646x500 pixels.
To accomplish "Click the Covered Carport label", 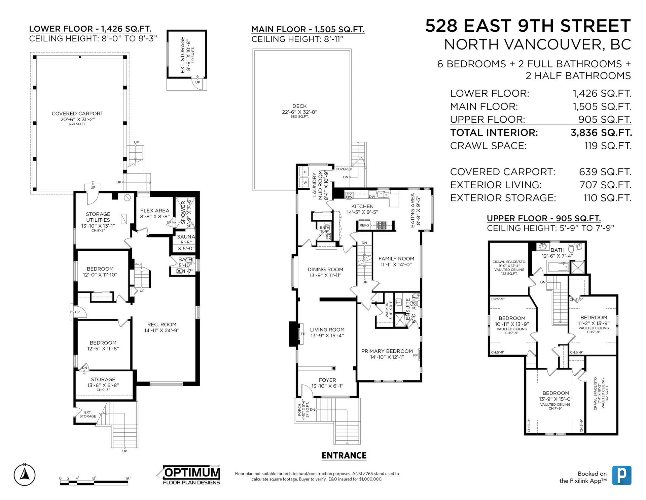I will pyautogui.click(x=77, y=114).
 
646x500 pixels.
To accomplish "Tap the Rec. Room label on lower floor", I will pyautogui.click(x=162, y=325).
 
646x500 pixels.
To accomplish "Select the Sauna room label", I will pyautogui.click(x=186, y=237).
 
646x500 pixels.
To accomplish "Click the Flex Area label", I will pyautogui.click(x=155, y=211).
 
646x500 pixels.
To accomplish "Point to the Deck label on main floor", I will pyautogui.click(x=299, y=106).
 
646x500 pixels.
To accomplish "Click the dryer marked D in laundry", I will pyautogui.click(x=305, y=172).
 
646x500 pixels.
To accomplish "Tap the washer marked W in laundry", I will pyautogui.click(x=305, y=183).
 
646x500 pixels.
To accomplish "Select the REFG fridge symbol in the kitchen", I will pyautogui.click(x=364, y=225).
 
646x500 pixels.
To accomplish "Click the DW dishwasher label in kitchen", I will pyautogui.click(x=372, y=196).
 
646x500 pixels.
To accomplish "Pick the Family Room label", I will pyautogui.click(x=396, y=259).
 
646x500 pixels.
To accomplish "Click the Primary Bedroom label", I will pyautogui.click(x=387, y=351).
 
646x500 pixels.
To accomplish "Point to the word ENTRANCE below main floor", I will pyautogui.click(x=344, y=456).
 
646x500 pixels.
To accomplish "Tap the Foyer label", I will pyautogui.click(x=327, y=380).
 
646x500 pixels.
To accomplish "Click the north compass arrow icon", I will pyautogui.click(x=25, y=475).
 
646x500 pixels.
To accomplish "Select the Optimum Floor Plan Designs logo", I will pyautogui.click(x=190, y=475).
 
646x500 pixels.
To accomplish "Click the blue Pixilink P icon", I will pyautogui.click(x=621, y=475).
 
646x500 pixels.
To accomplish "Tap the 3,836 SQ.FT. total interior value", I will pyautogui.click(x=601, y=133).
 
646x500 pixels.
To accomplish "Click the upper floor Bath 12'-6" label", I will pyautogui.click(x=557, y=250).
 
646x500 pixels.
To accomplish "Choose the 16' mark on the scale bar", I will pyautogui.click(x=128, y=478).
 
